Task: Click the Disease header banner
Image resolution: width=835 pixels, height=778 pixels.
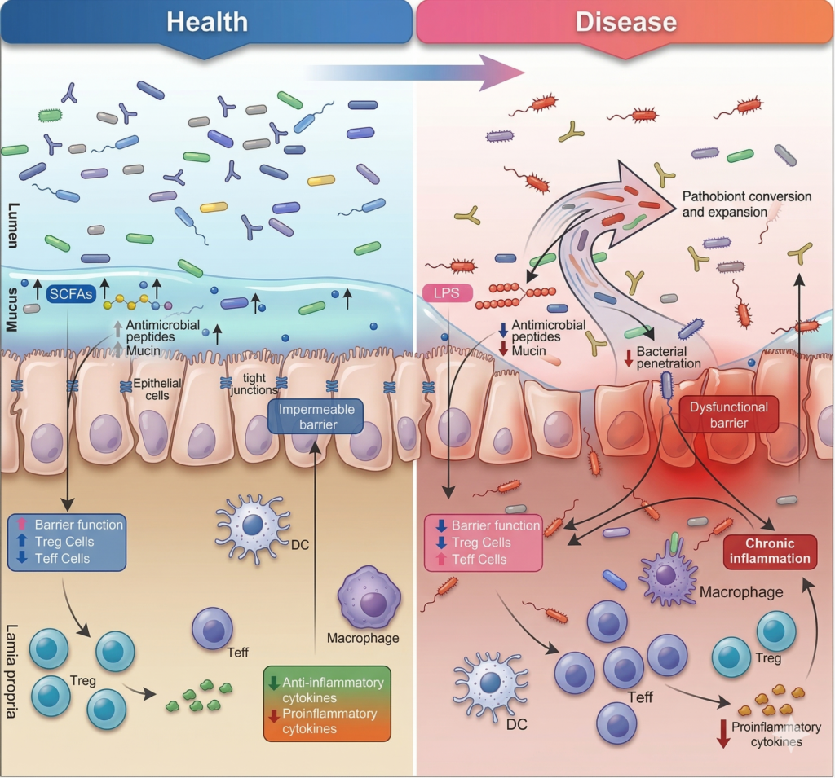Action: point(625,21)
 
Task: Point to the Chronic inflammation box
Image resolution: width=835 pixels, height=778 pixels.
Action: point(770,551)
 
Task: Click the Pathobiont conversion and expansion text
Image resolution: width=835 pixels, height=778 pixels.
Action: point(746,204)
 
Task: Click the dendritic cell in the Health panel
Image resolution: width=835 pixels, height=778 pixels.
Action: point(252,525)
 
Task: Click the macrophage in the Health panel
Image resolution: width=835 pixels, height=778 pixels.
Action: point(372,602)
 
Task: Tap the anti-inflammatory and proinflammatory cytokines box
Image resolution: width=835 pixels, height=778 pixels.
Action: point(328,702)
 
